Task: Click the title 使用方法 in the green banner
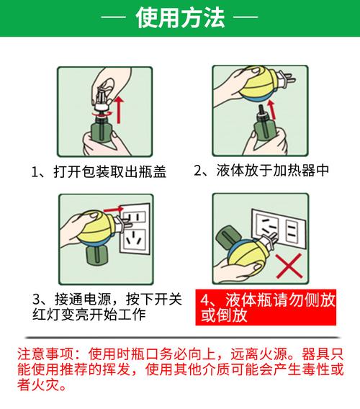point(180,17)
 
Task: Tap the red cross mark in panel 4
point(289,266)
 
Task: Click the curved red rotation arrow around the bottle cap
point(103,114)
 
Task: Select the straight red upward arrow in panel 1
point(119,109)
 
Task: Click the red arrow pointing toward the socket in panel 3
point(113,209)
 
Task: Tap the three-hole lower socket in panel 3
point(135,241)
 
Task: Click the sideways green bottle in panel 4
point(228,238)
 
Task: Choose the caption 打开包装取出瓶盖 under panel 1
point(110,172)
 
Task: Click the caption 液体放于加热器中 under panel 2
point(273,171)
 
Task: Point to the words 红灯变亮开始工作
point(89,315)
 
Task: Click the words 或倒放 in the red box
point(224,315)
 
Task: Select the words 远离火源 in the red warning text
point(258,354)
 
